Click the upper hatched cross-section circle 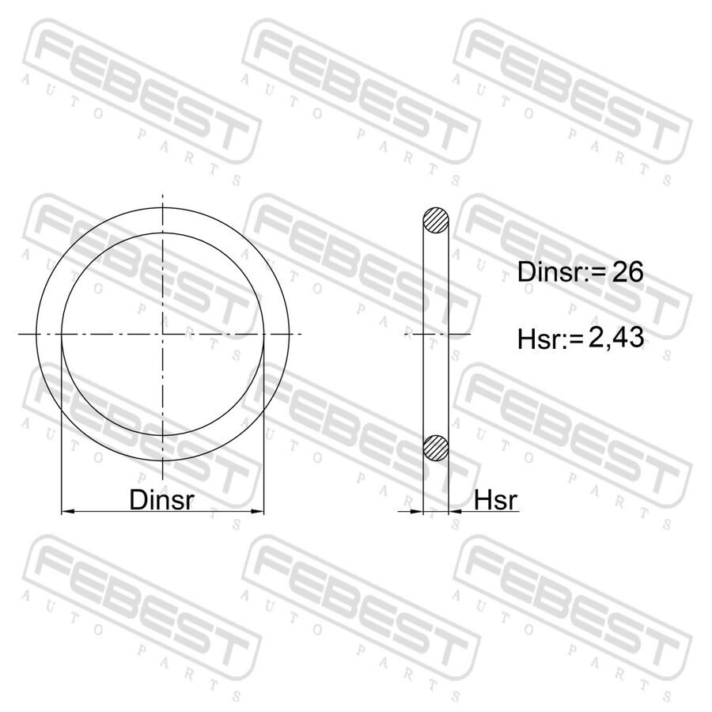(436, 220)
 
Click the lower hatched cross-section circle (436, 448)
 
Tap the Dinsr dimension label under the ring (162, 499)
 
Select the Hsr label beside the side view (495, 500)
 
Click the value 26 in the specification (627, 272)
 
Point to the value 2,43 (616, 338)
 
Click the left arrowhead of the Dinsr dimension (68, 512)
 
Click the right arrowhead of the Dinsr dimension (257, 512)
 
